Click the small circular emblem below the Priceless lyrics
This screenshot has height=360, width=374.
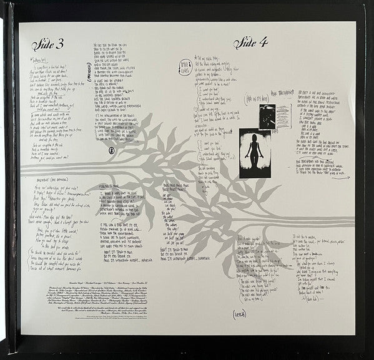click(x=111, y=150)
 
